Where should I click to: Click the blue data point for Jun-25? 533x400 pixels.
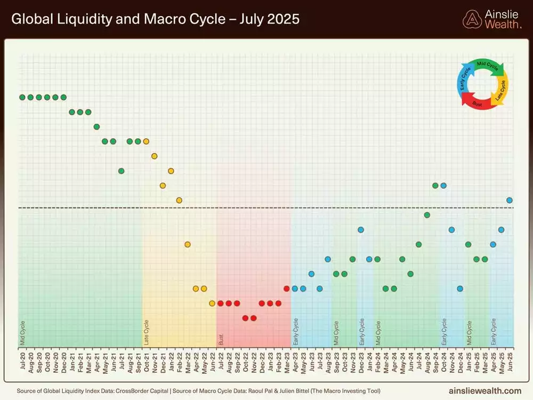coord(510,200)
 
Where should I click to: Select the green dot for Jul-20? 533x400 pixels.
coord(22,97)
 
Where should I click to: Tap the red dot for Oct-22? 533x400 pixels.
coord(245,318)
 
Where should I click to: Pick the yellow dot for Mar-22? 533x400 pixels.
coord(188,244)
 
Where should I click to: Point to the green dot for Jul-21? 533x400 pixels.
coord(122,171)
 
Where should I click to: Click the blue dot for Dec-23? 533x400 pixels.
coord(361,229)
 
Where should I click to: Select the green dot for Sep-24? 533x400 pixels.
coord(435,186)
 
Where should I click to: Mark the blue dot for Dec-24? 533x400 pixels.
coord(460,289)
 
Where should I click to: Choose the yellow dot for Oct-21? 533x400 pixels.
coord(146,141)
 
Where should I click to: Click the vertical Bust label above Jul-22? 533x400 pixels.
coord(221,338)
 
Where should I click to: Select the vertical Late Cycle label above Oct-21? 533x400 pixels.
coord(147,332)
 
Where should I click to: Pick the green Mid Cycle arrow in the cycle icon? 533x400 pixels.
coord(486,65)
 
